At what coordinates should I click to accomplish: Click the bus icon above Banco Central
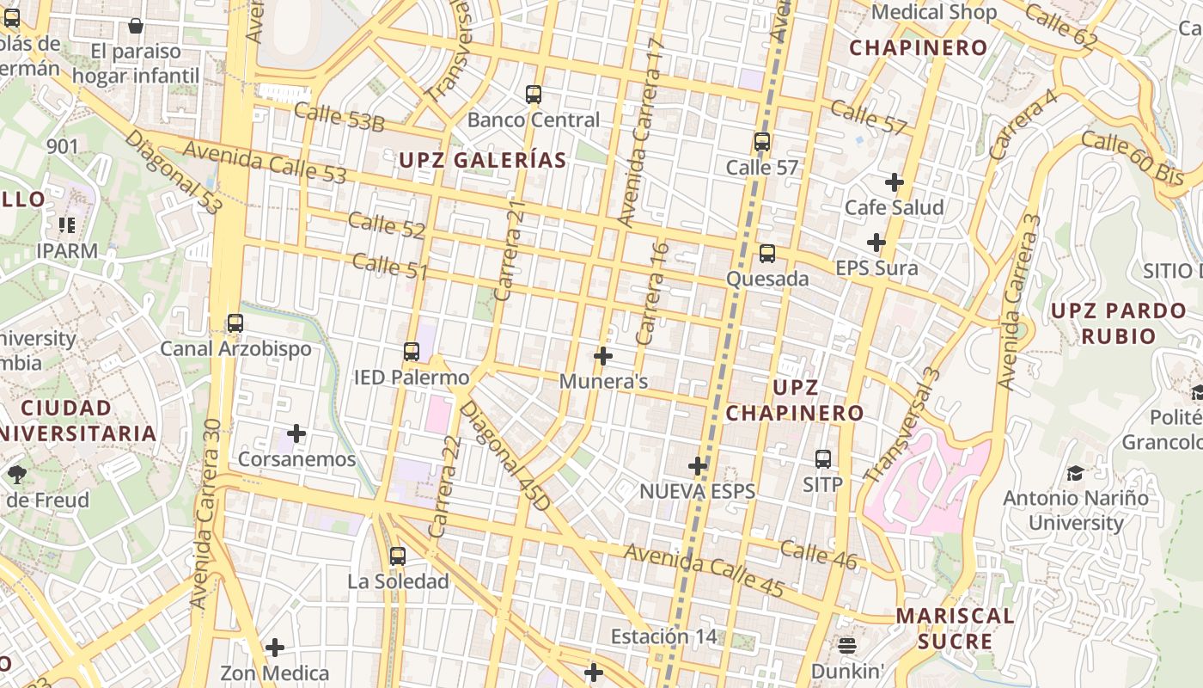(x=534, y=94)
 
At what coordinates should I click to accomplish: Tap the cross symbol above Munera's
(x=603, y=355)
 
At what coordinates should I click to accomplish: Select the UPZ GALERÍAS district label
(x=483, y=160)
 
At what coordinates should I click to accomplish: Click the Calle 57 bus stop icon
(x=762, y=142)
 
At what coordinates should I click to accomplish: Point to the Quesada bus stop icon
(x=767, y=254)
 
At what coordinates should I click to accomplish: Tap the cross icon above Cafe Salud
(x=895, y=182)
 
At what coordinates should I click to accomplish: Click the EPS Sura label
(x=876, y=268)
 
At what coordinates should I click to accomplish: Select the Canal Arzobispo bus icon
(x=235, y=323)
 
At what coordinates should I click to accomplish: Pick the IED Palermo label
(x=412, y=378)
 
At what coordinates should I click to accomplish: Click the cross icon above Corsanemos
(x=296, y=433)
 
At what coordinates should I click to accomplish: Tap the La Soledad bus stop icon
(x=397, y=556)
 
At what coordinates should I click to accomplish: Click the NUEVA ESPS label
(x=697, y=491)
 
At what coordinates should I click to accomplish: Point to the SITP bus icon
(x=823, y=459)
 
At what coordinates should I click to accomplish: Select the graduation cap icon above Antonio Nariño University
(x=1075, y=473)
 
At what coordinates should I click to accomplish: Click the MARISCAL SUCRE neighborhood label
(x=955, y=629)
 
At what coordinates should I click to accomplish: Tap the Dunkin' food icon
(x=847, y=645)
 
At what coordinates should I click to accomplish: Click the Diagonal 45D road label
(x=504, y=455)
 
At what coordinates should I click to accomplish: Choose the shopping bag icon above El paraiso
(x=136, y=27)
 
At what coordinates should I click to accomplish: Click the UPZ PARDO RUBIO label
(x=1118, y=322)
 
